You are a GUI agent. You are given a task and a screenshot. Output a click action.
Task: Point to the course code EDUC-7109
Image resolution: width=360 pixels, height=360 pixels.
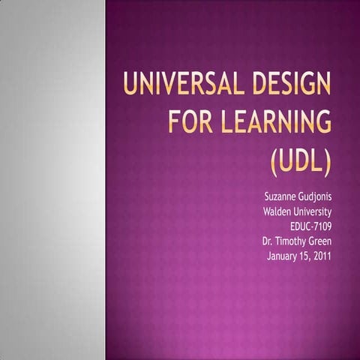pyautogui.click(x=310, y=226)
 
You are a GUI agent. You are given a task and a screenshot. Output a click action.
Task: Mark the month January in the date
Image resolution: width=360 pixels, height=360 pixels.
pyautogui.click(x=284, y=256)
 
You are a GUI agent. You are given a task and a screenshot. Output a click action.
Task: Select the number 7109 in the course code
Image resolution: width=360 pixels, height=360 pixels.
pyautogui.click(x=319, y=226)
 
